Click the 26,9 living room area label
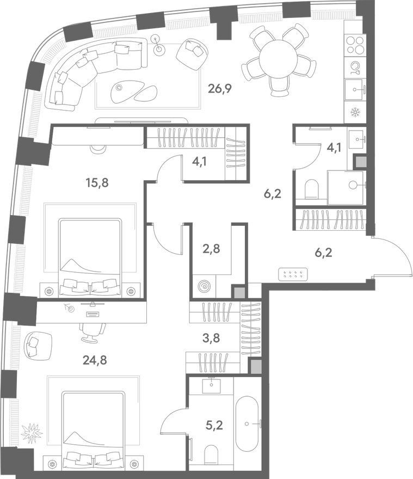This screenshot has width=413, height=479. tap(220, 89)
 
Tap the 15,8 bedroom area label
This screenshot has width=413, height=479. tap(97, 183)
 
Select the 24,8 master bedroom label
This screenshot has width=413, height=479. tap(95, 360)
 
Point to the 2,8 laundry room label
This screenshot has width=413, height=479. tap(211, 249)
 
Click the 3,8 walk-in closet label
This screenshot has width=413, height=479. tap(211, 338)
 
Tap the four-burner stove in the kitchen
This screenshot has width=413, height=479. tap(355, 45)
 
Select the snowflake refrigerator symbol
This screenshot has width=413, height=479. tap(355, 113)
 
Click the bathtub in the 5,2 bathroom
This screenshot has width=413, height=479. tap(247, 423)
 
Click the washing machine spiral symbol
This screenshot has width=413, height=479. tap(204, 286)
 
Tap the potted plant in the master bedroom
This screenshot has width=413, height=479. tap(32, 433)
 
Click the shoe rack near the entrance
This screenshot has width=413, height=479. tap(293, 273)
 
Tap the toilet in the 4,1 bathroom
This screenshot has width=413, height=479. tap(312, 188)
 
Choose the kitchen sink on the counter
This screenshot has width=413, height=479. tap(355, 89)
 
